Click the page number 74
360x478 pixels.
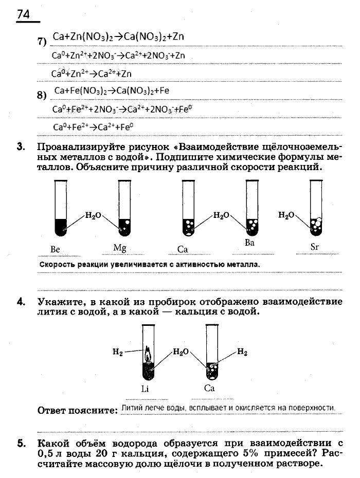pyautogui.click(x=23, y=15)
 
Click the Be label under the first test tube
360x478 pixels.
pyautogui.click(x=56, y=249)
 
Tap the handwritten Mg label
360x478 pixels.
pyautogui.click(x=120, y=248)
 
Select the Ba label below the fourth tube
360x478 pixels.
pyautogui.click(x=249, y=243)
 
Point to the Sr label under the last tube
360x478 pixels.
pyautogui.click(x=315, y=247)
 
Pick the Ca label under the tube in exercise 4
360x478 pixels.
pyautogui.click(x=209, y=388)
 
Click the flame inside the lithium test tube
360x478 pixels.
pyautogui.click(x=148, y=354)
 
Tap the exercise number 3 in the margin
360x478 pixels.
pyautogui.click(x=21, y=147)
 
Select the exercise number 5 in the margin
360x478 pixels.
pyautogui.click(x=21, y=443)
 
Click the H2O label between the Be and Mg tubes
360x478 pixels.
pyautogui.click(x=93, y=216)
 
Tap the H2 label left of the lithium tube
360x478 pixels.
pyautogui.click(x=118, y=352)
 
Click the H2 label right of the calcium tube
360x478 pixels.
pyautogui.click(x=242, y=352)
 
